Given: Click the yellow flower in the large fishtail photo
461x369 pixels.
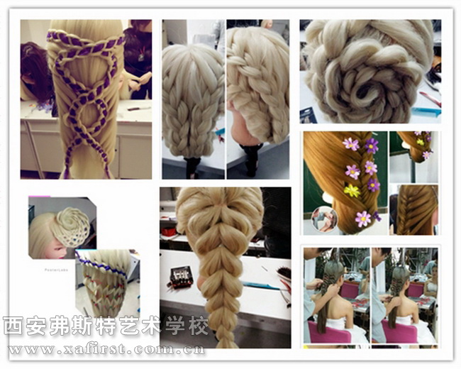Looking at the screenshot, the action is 352,191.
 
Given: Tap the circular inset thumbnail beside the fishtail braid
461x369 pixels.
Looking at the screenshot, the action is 325,219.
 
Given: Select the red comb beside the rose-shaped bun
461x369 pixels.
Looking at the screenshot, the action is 430,99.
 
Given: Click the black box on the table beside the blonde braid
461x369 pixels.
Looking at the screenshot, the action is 180,277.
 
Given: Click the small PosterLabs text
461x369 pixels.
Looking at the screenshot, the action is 56,270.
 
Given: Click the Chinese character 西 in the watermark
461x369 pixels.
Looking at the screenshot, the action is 13,326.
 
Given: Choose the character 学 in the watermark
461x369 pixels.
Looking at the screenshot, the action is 176,326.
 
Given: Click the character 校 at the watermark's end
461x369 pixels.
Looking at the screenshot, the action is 199,326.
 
